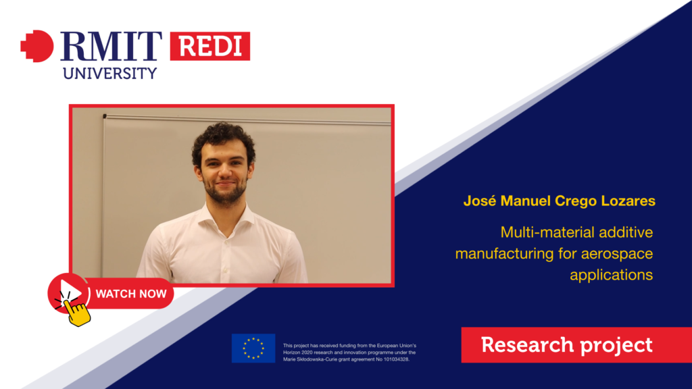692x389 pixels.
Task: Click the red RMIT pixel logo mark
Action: pyautogui.click(x=37, y=46)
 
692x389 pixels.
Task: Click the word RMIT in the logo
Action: pyautogui.click(x=111, y=46)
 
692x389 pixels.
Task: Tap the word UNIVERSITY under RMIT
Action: pyautogui.click(x=110, y=73)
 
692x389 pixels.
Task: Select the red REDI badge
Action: pyautogui.click(x=210, y=46)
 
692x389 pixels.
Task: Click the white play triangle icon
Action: pyautogui.click(x=71, y=292)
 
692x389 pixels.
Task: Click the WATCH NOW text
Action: pyautogui.click(x=131, y=294)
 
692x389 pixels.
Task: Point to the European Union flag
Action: pyautogui.click(x=253, y=348)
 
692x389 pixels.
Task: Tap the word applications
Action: pyautogui.click(x=611, y=276)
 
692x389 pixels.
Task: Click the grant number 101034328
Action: pyautogui.click(x=395, y=359)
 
